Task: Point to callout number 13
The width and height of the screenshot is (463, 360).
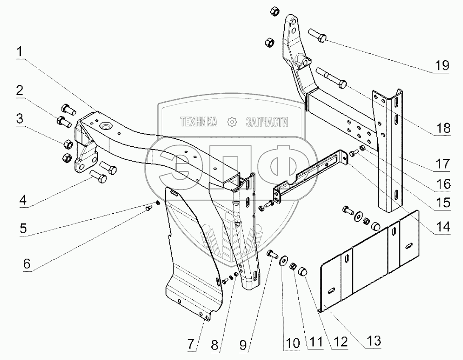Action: click(x=374, y=340)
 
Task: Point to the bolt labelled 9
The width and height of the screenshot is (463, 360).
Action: click(x=272, y=254)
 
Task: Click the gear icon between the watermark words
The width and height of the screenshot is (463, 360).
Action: click(x=232, y=123)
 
